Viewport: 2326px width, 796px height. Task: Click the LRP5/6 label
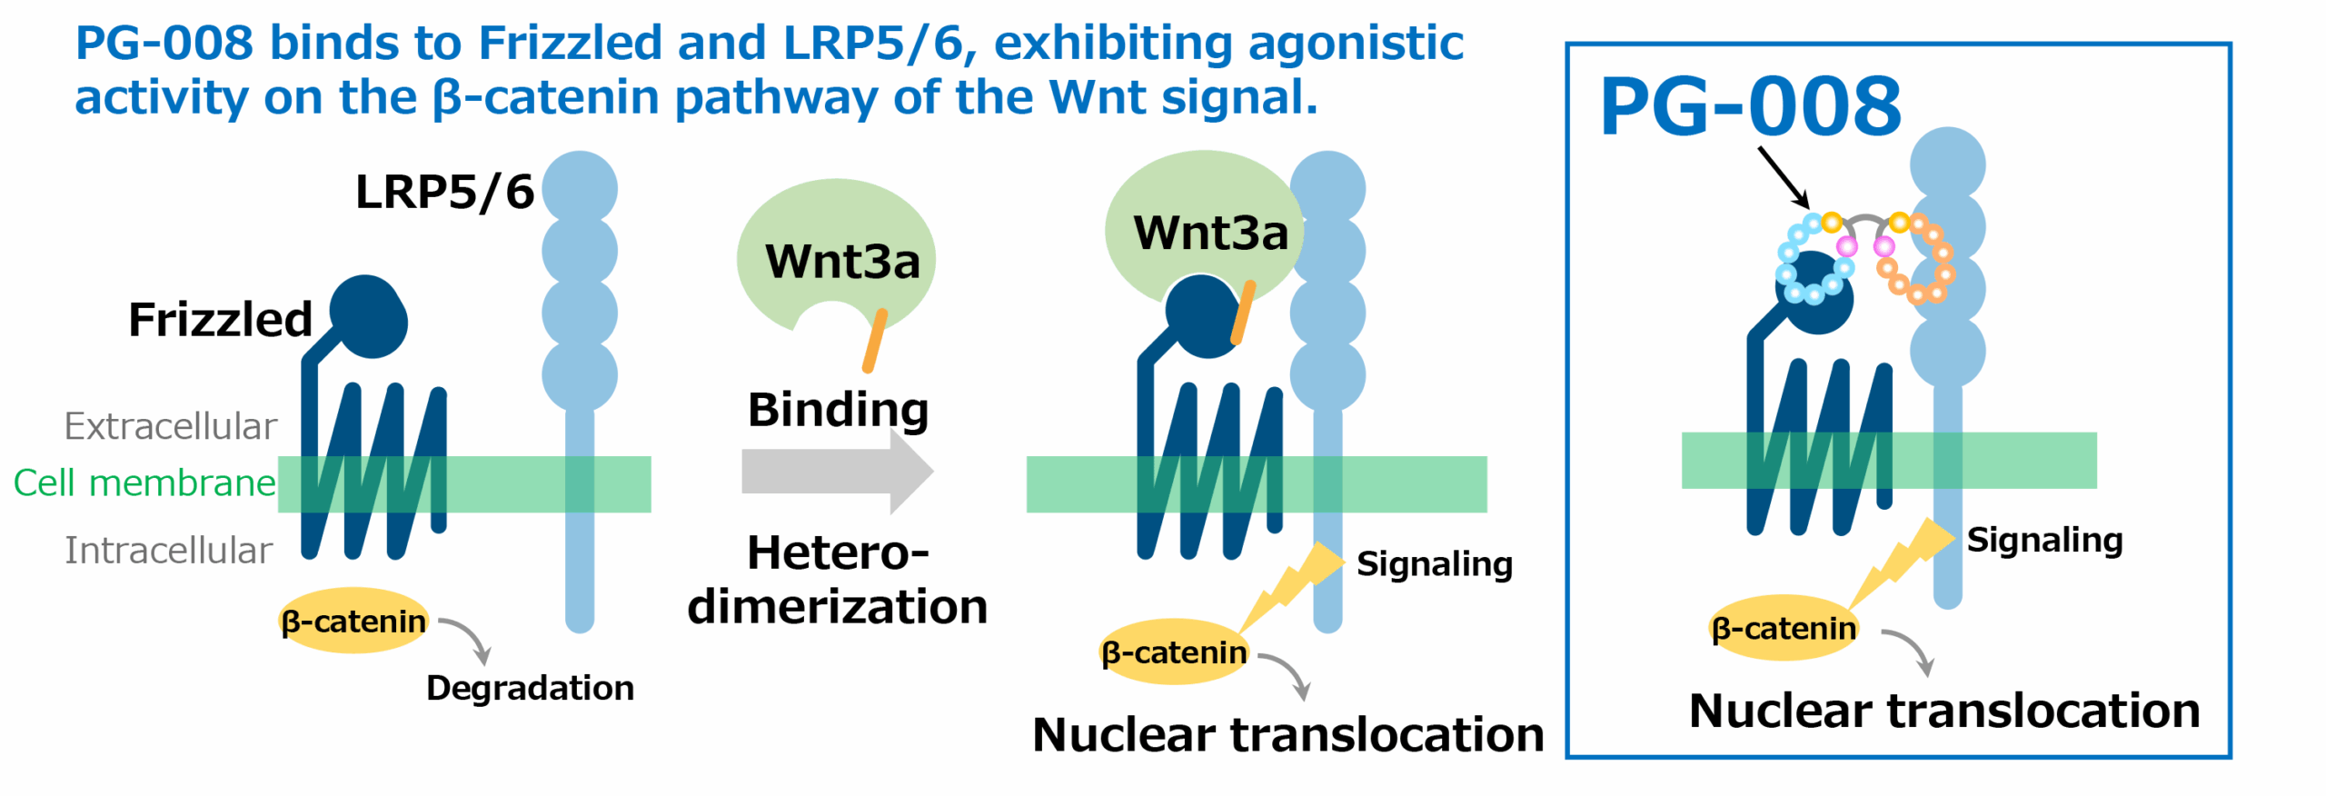point(444,192)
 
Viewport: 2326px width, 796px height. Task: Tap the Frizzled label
point(221,319)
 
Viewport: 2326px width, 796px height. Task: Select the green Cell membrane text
point(144,483)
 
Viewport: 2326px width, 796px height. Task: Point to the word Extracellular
point(171,426)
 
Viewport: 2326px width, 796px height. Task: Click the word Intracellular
point(168,550)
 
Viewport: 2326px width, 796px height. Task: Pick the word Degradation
point(531,688)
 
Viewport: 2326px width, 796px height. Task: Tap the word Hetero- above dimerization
point(838,552)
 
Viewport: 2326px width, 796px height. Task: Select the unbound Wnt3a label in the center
point(842,261)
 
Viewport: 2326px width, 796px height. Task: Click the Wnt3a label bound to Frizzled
point(1211,233)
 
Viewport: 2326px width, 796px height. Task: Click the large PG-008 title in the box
point(1751,106)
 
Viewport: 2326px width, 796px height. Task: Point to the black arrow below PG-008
point(1784,177)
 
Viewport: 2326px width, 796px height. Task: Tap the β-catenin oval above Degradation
point(353,622)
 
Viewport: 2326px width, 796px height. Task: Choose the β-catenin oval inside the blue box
point(1784,628)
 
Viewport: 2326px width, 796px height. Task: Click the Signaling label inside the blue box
point(2044,540)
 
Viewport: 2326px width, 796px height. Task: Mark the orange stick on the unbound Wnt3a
point(874,341)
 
